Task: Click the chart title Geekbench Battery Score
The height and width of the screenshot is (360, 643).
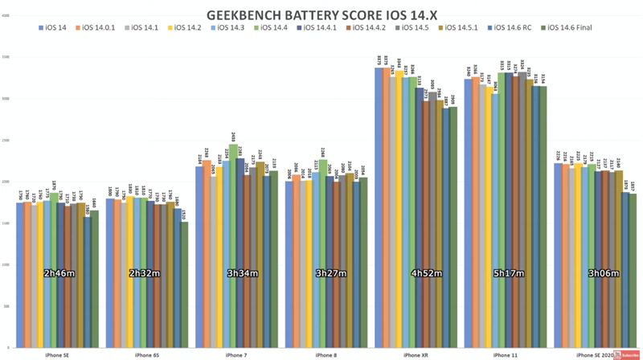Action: [321, 14]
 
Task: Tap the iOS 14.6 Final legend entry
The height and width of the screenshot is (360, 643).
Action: [571, 29]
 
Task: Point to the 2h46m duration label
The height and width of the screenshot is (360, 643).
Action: [61, 274]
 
